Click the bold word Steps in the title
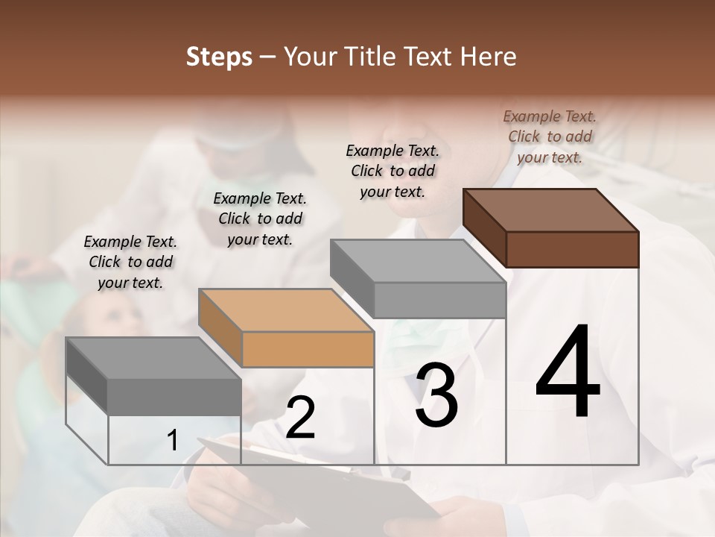click(218, 57)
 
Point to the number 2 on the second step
click(300, 418)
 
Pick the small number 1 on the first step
click(172, 441)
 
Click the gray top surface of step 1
click(153, 358)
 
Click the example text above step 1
click(130, 262)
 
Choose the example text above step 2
click(260, 219)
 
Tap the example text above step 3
click(393, 171)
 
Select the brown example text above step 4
click(550, 136)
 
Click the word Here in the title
click(488, 57)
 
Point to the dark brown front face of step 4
click(572, 249)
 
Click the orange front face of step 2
click(308, 349)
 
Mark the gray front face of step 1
click(174, 397)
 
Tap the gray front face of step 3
click(439, 300)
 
